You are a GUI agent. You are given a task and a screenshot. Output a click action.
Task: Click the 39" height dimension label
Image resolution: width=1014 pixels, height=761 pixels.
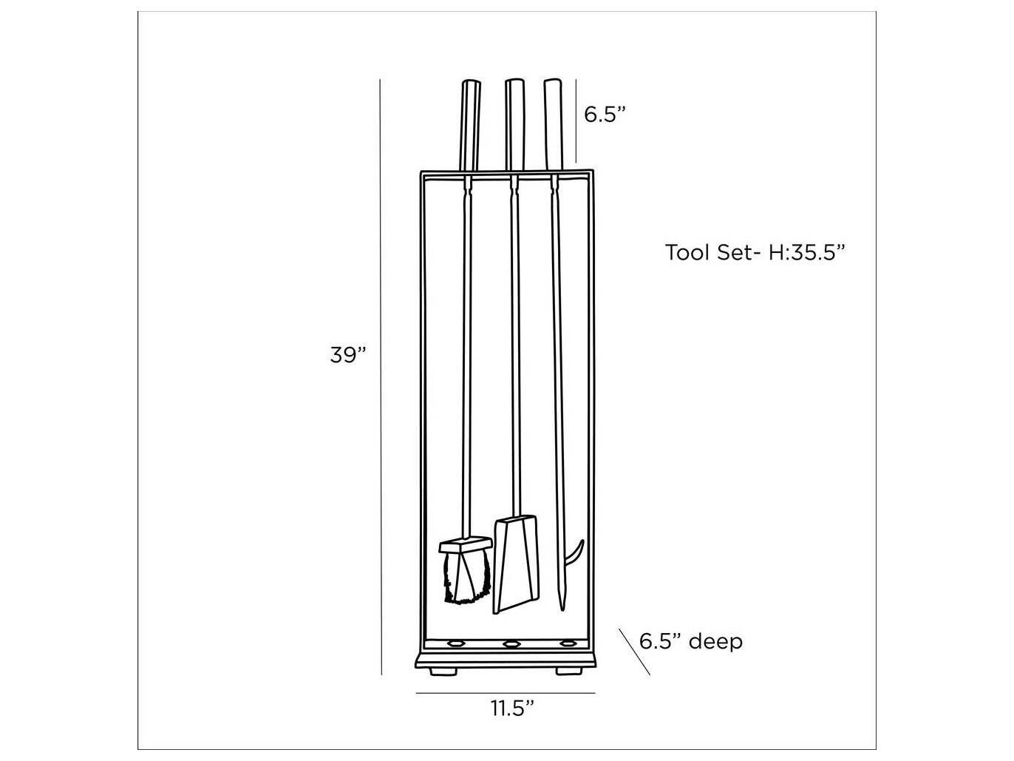coord(348,354)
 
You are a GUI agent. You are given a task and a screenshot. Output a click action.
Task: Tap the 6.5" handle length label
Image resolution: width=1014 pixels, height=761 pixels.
coord(605,115)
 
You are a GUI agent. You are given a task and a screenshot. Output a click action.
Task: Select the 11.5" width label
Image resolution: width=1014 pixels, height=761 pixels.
coord(512,708)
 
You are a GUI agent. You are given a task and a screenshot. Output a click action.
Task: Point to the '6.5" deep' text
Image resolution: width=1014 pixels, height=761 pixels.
coord(690,641)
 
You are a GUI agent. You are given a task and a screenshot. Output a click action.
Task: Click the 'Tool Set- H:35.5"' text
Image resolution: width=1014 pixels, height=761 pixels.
coord(755,252)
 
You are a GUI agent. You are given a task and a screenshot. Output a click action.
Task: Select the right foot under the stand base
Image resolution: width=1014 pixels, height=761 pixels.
coord(568,671)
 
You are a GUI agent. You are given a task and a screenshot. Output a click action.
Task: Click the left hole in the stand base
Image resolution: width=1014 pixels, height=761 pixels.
coord(454,643)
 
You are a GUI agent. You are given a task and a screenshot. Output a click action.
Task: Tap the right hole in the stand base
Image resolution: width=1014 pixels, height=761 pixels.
coord(568,643)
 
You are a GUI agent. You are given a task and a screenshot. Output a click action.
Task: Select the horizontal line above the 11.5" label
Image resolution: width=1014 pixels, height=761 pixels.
coord(506,693)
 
